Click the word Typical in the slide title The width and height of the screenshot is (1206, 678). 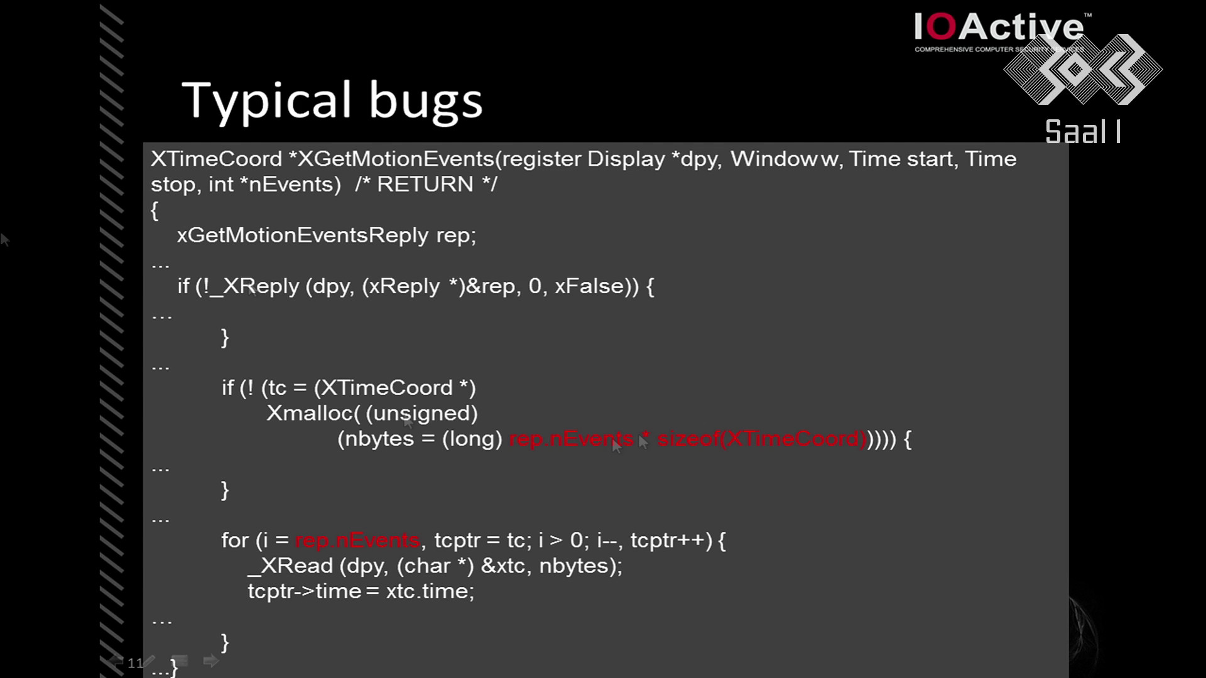[x=266, y=100]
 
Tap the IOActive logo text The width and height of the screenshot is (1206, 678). [x=999, y=28]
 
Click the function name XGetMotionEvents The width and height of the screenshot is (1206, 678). [x=396, y=159]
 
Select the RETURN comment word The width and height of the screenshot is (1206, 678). [x=425, y=185]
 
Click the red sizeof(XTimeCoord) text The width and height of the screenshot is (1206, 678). [x=762, y=439]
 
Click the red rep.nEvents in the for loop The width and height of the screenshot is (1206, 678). [x=357, y=541]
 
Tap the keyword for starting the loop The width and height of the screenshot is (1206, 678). [x=235, y=541]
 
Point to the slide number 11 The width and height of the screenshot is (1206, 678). [x=135, y=663]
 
